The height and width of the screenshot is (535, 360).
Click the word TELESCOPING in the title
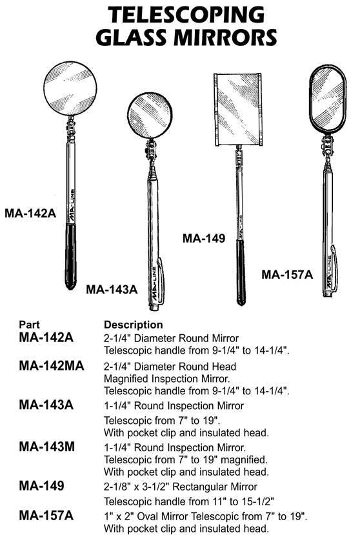click(x=186, y=15)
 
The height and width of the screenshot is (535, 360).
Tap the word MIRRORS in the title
click(x=225, y=37)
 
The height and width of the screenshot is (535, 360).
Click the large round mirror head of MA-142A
click(x=70, y=88)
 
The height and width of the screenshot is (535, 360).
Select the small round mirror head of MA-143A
click(x=150, y=115)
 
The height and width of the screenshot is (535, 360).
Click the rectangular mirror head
click(x=238, y=109)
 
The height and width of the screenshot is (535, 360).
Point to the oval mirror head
click(x=328, y=99)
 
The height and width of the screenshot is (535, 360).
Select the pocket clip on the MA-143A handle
click(x=161, y=281)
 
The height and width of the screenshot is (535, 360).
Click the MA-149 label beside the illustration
click(x=204, y=238)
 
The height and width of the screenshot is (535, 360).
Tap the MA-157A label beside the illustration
click(x=287, y=274)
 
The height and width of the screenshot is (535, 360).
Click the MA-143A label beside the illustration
click(x=112, y=289)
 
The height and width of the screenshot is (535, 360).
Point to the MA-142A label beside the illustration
click(x=30, y=213)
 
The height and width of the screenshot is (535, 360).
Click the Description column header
click(x=133, y=325)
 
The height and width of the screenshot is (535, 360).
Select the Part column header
click(x=29, y=325)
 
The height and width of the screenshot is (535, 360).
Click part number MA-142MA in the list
click(x=52, y=366)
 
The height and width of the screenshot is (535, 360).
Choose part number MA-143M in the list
click(x=46, y=447)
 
